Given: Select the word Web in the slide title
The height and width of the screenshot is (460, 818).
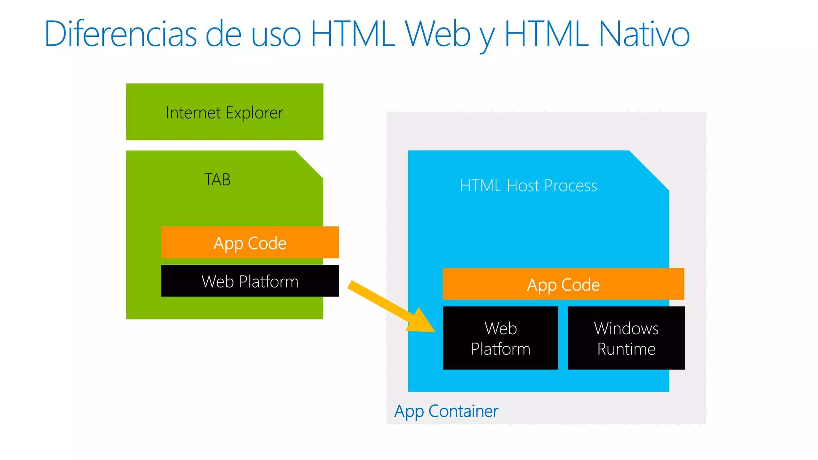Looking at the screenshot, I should pos(438,34).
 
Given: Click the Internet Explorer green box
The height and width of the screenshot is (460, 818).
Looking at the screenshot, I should pos(224,112).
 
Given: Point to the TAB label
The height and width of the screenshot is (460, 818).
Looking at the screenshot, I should pos(217,180).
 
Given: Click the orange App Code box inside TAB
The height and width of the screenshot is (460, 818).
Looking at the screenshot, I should pos(250,242).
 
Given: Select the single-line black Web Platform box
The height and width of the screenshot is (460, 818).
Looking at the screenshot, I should pos(250,281).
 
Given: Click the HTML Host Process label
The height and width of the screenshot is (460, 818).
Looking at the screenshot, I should pos(528,186).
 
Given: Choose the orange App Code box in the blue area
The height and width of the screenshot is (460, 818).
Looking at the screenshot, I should pos(563,284).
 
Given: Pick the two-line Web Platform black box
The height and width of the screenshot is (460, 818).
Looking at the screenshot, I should pos(500,338).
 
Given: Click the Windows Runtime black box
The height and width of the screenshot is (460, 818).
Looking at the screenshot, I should pos(626,338).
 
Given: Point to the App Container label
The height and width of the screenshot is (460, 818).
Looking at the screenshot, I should pos(446,411).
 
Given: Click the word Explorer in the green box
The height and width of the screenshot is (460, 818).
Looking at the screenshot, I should pos(254,113).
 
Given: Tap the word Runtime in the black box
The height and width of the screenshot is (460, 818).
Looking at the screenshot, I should pos(626,349).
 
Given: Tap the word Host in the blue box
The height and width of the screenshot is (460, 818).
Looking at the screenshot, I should pos(523,186).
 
